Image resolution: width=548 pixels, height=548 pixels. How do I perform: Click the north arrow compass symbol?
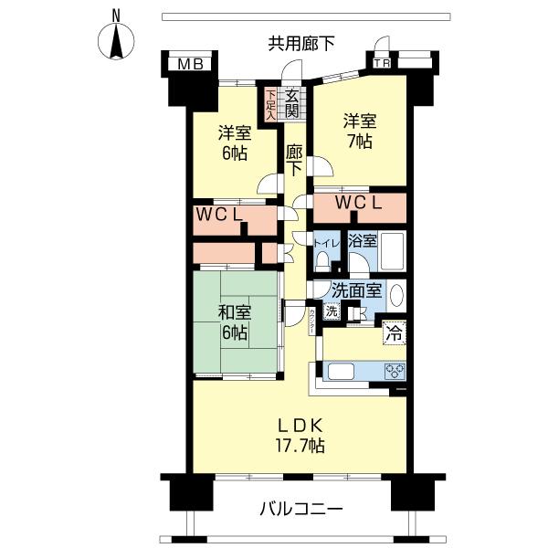(x=116, y=40)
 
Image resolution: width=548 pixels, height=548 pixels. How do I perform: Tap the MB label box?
(x=191, y=64)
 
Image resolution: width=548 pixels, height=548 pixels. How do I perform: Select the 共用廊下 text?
(x=301, y=44)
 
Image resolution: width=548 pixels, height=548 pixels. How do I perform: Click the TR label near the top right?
(x=381, y=64)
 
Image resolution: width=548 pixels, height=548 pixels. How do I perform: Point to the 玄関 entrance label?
(x=291, y=103)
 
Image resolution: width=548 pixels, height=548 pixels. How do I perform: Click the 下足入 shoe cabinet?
(x=270, y=105)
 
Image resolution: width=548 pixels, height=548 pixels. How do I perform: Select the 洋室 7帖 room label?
(x=360, y=131)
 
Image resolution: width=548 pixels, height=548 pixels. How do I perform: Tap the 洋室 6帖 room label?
(x=235, y=142)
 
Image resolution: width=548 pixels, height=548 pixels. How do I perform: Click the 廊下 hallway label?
(x=294, y=161)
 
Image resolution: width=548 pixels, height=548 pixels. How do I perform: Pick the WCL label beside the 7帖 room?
(x=359, y=203)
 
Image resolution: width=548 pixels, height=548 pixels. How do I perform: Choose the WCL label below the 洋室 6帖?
(x=219, y=215)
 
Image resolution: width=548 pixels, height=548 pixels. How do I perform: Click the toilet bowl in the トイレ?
(x=322, y=262)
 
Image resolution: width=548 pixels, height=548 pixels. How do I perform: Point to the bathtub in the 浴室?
(x=392, y=251)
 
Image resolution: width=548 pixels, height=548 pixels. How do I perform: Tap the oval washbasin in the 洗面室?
(x=396, y=295)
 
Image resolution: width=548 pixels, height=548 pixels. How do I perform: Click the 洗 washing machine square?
(x=332, y=311)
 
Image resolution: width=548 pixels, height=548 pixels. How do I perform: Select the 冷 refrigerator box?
(x=395, y=333)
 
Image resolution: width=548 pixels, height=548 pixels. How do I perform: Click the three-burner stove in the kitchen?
(x=395, y=371)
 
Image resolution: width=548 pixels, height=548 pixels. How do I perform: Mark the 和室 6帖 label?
(x=235, y=322)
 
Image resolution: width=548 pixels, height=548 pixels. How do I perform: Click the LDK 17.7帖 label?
(x=300, y=436)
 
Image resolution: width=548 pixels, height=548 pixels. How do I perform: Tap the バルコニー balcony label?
(x=300, y=510)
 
